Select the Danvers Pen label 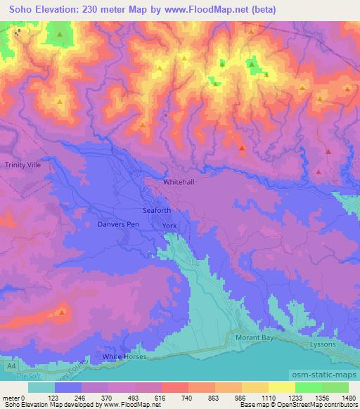pyautogui.click(x=117, y=224)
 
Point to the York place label pyautogui.click(x=169, y=226)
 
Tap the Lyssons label pyautogui.click(x=323, y=345)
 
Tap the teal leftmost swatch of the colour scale pyautogui.click(x=41, y=387)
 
